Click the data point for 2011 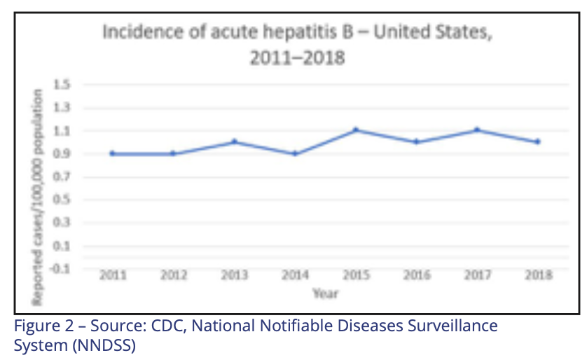coord(113,153)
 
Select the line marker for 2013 coord(235,141)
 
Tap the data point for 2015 coord(356,130)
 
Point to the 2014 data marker coord(295,153)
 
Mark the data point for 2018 coord(537,141)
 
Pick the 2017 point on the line coord(477,130)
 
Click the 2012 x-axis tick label coord(174,276)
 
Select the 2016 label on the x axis coord(416,276)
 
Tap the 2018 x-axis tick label coord(537,276)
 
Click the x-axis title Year coord(325,294)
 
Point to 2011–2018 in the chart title coord(297,57)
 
